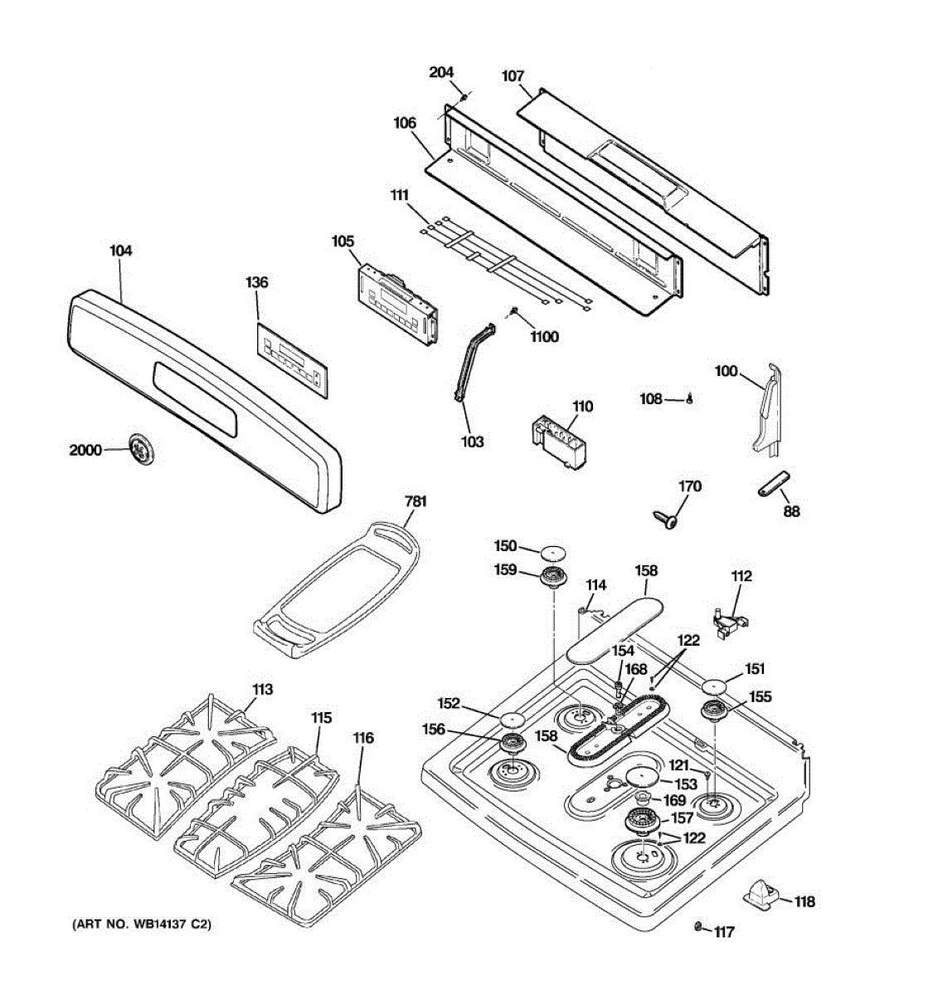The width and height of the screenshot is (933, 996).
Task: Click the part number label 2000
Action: point(85,451)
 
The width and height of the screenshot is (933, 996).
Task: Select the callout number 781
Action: point(415,501)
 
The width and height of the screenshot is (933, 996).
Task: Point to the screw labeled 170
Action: point(666,519)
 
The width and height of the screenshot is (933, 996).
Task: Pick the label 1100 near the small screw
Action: point(545,337)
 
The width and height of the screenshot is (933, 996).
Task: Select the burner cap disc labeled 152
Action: point(514,717)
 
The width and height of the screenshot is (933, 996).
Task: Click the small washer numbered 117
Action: point(698,925)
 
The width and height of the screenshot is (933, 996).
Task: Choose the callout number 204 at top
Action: point(441,72)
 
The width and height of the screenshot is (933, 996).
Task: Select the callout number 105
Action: point(343,242)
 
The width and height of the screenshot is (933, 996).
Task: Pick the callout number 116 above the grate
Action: point(362,738)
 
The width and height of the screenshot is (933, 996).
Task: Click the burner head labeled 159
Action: point(550,577)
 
